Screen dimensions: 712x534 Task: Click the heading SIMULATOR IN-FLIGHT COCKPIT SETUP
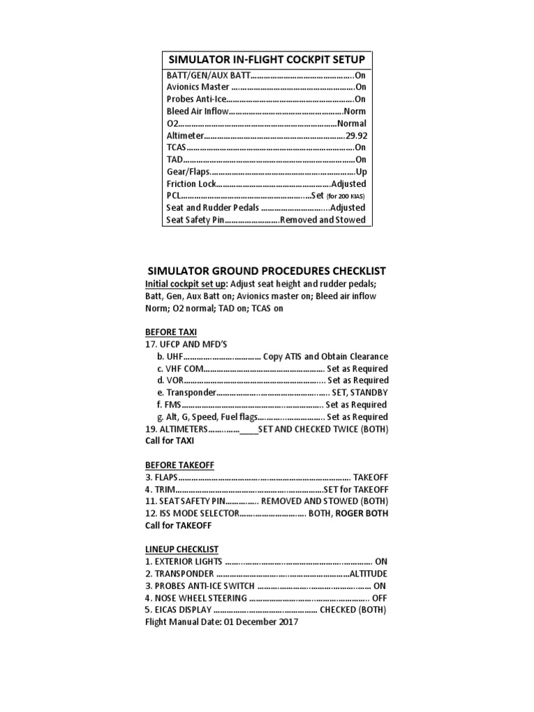click(266, 59)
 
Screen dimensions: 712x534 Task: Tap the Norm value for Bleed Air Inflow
click(354, 111)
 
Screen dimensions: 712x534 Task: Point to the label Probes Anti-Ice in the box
click(197, 99)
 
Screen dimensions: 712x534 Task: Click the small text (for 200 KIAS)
click(346, 196)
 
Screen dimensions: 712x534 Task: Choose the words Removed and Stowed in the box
click(323, 220)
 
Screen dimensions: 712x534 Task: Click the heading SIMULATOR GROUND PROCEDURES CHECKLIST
click(267, 270)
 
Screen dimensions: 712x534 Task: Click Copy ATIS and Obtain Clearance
click(325, 356)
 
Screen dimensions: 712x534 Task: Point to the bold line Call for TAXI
click(170, 441)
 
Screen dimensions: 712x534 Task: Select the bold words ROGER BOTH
click(362, 513)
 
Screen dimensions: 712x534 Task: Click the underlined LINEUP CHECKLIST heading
click(181, 549)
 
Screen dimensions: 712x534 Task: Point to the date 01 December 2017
click(261, 622)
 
